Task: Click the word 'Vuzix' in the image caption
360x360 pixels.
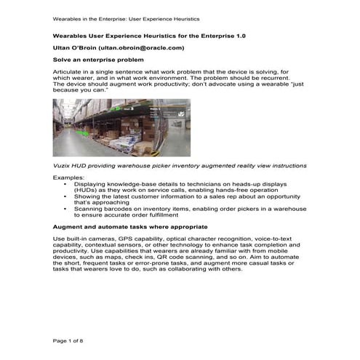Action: point(62,166)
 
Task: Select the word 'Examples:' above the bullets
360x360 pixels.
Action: point(69,177)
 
